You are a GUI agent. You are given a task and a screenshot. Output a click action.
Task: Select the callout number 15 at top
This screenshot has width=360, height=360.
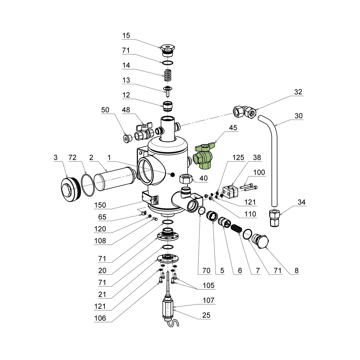126,36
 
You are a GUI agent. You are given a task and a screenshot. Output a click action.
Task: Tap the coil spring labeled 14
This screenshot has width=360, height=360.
167,76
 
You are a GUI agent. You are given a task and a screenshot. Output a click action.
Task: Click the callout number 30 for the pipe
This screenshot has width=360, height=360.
299,116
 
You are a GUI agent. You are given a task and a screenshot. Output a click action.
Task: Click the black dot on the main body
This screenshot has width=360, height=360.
172,175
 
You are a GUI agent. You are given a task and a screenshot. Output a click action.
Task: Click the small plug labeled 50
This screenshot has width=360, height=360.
126,138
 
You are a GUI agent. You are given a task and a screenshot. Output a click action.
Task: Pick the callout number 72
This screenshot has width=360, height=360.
73,158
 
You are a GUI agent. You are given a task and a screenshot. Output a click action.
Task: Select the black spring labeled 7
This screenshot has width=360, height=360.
236,229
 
